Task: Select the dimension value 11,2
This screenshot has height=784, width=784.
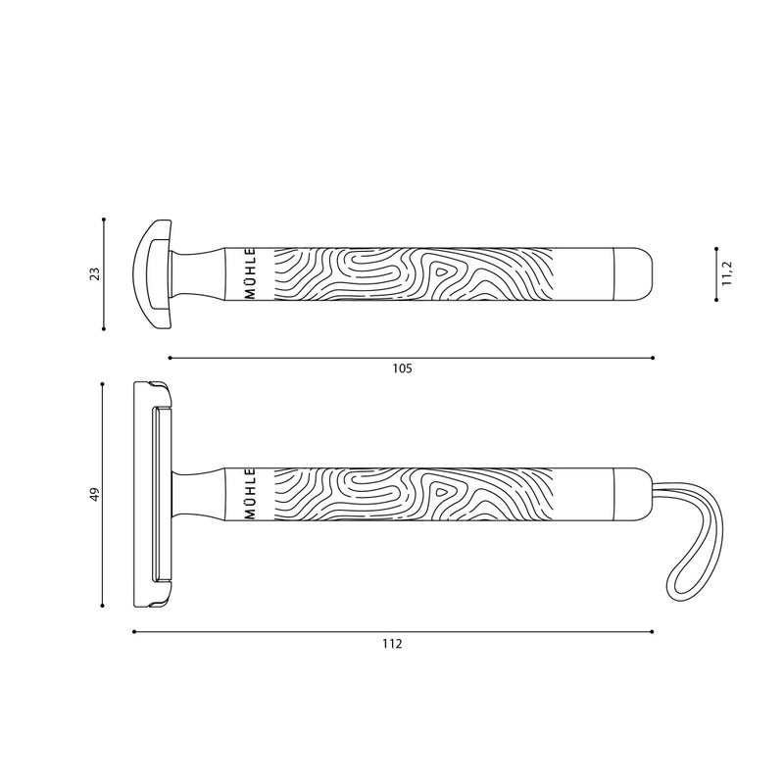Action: pos(727,273)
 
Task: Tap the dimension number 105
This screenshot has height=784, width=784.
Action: pos(402,369)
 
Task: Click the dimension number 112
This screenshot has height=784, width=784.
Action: pos(393,644)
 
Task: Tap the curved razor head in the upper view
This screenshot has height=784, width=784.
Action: pos(152,274)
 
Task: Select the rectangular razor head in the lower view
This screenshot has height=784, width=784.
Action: pos(152,496)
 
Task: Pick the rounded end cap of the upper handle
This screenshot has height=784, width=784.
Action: pos(632,274)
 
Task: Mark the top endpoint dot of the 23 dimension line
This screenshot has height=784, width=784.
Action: pos(103,220)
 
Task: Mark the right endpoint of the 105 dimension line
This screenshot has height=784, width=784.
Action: pos(653,358)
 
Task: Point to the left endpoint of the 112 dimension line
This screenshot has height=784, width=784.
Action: pos(134,632)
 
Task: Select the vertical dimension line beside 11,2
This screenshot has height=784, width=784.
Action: pos(716,274)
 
